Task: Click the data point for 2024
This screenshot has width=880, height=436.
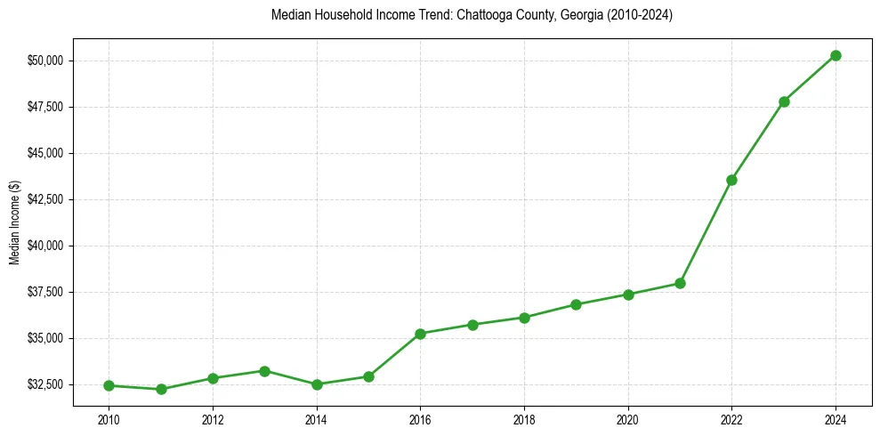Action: click(836, 55)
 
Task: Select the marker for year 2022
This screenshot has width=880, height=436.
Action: click(731, 180)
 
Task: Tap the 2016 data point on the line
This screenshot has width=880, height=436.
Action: click(420, 334)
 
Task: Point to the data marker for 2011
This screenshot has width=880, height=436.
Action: click(161, 389)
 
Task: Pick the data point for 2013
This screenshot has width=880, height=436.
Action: click(264, 370)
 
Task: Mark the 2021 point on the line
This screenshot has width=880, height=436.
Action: click(680, 283)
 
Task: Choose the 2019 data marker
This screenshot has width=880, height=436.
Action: click(576, 304)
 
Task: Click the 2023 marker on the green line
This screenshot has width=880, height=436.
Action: click(784, 101)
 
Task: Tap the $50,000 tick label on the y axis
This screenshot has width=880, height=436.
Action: click(45, 61)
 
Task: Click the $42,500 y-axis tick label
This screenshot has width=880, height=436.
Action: click(45, 199)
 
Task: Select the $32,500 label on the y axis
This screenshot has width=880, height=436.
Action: click(45, 384)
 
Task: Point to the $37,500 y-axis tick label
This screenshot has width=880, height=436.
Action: click(45, 292)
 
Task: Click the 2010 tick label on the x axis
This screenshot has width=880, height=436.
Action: click(109, 418)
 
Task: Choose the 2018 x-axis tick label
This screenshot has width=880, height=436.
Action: click(524, 418)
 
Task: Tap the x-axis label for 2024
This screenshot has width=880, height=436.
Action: click(836, 418)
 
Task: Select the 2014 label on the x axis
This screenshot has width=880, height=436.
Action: click(317, 418)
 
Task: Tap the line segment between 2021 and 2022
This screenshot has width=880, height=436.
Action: click(706, 231)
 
